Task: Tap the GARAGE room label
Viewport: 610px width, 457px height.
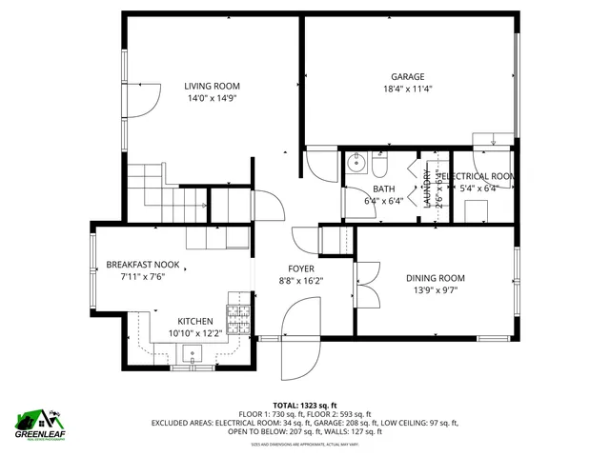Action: coord(407,77)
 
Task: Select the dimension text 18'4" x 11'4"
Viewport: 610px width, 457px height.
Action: coord(407,89)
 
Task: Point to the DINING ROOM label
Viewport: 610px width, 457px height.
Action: coord(442,278)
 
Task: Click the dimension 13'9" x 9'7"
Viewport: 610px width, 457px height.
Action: coord(442,290)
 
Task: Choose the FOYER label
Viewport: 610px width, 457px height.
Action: coord(301,269)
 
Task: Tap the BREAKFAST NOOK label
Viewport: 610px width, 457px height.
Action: coord(143,265)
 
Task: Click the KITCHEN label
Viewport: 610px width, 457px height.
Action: coord(196,322)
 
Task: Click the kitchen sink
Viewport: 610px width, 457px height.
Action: coord(193,357)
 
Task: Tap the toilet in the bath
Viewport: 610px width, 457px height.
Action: coord(378,169)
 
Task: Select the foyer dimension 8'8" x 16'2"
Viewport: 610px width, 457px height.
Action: coord(301,282)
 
